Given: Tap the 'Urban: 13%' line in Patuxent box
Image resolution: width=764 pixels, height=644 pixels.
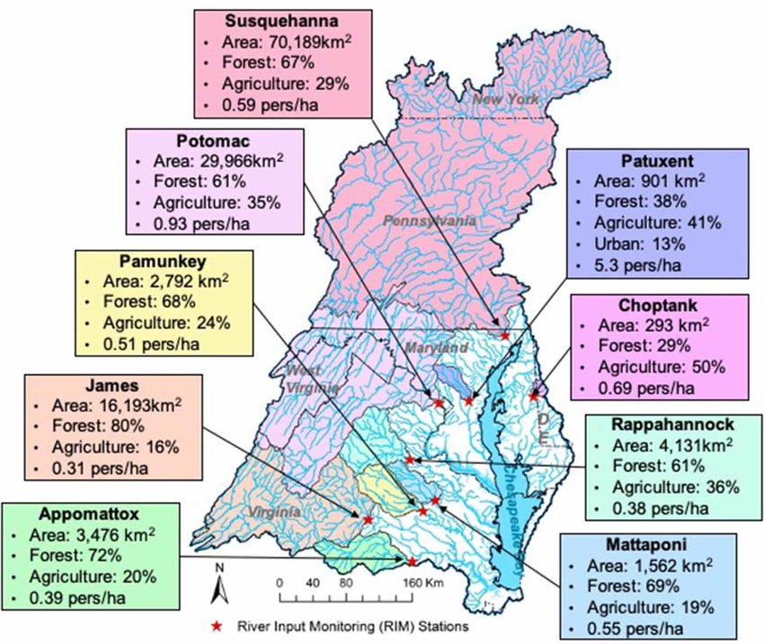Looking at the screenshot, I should [638, 244].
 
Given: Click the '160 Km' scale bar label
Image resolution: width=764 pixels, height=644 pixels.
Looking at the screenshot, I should [419, 582].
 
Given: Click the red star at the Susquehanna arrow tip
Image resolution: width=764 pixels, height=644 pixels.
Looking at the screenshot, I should [505, 335].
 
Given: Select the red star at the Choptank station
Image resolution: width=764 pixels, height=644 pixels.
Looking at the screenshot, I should [534, 395].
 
